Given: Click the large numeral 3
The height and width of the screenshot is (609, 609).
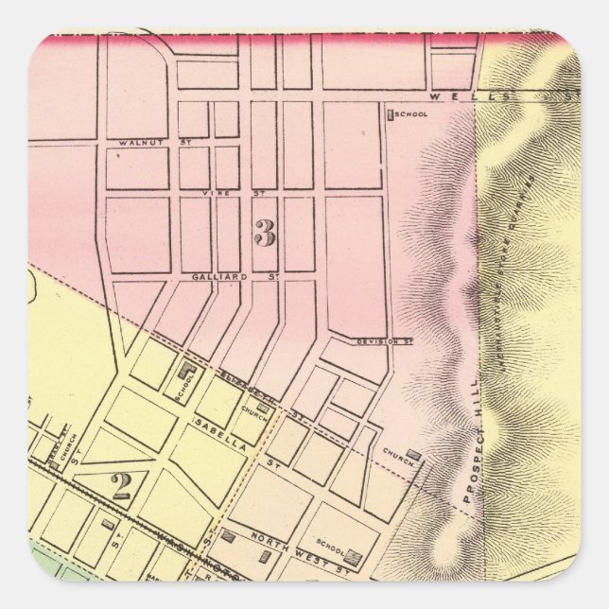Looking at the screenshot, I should pos(265,233).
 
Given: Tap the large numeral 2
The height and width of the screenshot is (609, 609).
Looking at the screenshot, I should pos(121,486).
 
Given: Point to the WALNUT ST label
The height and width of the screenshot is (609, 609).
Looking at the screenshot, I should pos(137,143).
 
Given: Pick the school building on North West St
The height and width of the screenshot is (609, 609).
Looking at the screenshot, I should pos(353,555).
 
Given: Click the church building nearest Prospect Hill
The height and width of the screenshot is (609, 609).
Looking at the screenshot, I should pos(413,455).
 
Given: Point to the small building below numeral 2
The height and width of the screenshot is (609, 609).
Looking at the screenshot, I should pos(109,523).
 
